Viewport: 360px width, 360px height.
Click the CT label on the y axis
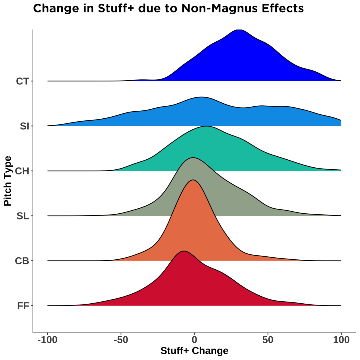(22, 81)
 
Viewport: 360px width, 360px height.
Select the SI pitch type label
(24, 126)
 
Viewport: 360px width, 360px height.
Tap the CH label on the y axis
(22, 171)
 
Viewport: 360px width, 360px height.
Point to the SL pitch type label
(23, 216)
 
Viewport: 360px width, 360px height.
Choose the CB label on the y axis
(22, 261)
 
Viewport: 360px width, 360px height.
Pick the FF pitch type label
(23, 306)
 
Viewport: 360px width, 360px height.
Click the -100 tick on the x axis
(47, 340)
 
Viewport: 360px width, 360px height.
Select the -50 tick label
(121, 340)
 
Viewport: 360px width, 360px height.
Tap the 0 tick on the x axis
(194, 340)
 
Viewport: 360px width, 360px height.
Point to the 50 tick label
(268, 340)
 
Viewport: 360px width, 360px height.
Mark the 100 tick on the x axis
(341, 340)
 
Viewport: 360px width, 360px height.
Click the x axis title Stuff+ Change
(194, 351)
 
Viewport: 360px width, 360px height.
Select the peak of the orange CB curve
(193, 180)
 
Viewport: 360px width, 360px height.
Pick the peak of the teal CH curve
(207, 126)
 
